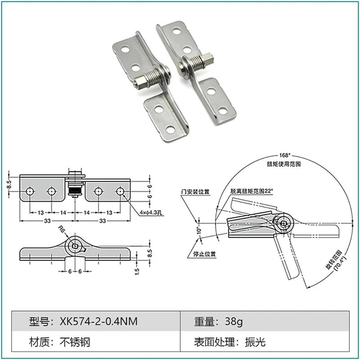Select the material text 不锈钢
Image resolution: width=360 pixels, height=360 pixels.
pos(75,342)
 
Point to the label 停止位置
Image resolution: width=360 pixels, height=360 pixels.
pos(206,254)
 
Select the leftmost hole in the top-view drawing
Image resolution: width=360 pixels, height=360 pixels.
pos(30,191)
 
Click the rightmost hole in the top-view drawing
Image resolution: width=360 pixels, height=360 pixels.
pos(120,191)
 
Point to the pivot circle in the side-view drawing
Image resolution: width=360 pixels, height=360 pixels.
pos(75,246)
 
